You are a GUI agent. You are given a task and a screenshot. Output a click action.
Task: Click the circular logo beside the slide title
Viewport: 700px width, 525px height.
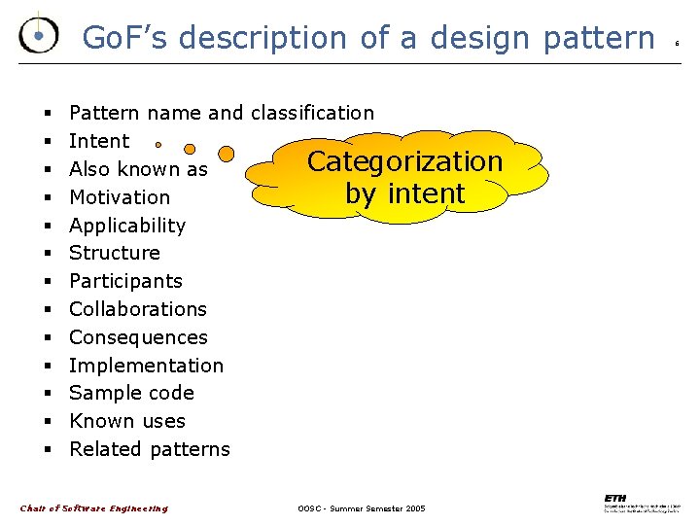click(x=38, y=36)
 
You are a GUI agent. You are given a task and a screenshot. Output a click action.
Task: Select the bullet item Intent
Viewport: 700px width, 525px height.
click(x=99, y=141)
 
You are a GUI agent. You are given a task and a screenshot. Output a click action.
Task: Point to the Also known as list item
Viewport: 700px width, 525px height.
click(x=138, y=169)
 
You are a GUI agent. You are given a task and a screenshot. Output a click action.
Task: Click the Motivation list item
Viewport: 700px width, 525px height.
click(x=120, y=197)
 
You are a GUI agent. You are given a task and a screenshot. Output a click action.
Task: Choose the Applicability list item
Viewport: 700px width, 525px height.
click(x=127, y=226)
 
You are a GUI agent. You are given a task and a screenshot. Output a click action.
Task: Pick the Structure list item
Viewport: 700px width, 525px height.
click(x=115, y=253)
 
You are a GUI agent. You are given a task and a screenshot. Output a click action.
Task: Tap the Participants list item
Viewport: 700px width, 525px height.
click(x=125, y=281)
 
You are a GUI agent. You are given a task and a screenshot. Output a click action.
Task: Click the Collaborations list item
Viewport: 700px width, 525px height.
click(x=138, y=309)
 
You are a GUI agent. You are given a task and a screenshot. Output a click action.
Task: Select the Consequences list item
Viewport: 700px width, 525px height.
click(x=138, y=337)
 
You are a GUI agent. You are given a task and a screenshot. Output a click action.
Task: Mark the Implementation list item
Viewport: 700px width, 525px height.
click(x=146, y=366)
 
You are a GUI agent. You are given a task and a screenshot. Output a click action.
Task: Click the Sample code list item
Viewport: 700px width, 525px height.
click(x=131, y=393)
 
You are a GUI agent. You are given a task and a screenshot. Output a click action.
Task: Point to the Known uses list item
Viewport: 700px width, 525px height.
click(x=127, y=421)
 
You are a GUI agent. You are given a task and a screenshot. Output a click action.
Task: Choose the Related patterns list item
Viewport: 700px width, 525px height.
click(x=150, y=449)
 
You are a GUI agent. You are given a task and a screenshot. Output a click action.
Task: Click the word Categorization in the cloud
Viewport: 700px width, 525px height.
click(x=404, y=161)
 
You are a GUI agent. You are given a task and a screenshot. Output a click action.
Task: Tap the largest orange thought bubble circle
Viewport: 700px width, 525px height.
click(x=226, y=154)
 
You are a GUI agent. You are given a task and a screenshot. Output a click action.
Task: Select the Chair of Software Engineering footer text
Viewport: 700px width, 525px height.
click(x=93, y=508)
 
